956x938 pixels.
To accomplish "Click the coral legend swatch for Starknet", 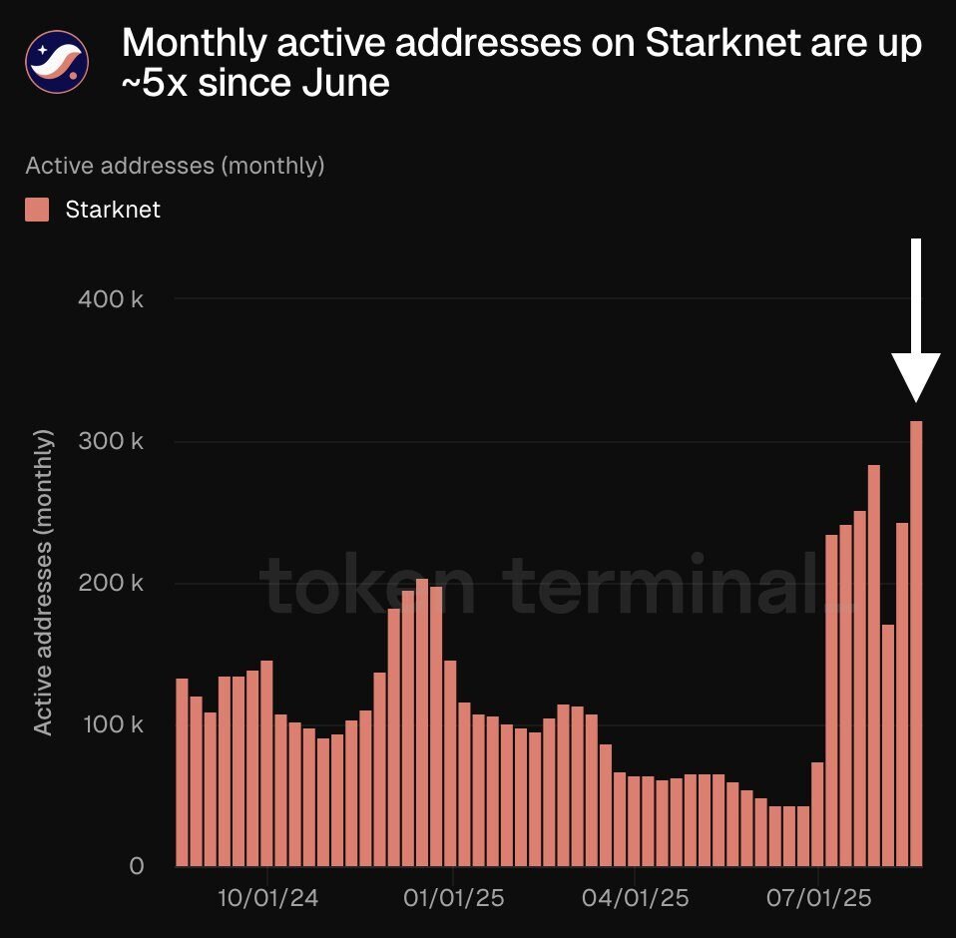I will tap(37, 210).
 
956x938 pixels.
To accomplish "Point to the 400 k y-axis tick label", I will tap(111, 298).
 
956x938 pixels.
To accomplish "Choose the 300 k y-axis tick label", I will tap(111, 441).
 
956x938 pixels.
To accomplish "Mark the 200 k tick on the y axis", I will tap(111, 583).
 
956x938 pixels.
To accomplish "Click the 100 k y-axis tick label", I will tap(111, 724).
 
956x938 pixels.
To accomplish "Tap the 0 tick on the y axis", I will tap(136, 866).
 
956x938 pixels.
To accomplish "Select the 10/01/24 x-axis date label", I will tap(268, 898).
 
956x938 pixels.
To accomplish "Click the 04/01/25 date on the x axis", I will tap(636, 898).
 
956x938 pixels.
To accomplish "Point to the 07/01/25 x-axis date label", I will tap(819, 898).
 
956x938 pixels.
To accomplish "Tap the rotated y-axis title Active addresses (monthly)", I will tap(43, 583).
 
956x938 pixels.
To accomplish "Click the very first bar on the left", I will tap(183, 772).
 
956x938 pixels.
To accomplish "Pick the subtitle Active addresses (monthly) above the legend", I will tap(175, 166).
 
